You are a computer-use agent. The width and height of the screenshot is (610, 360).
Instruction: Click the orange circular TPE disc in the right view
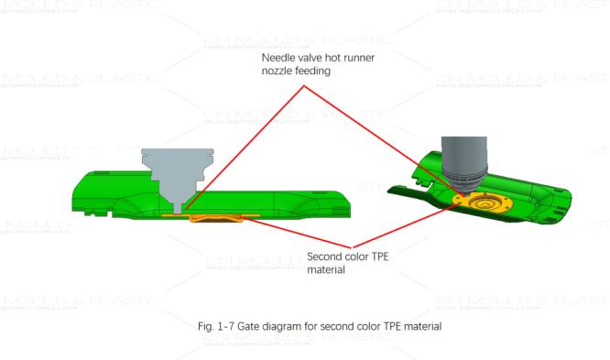(478, 201)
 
